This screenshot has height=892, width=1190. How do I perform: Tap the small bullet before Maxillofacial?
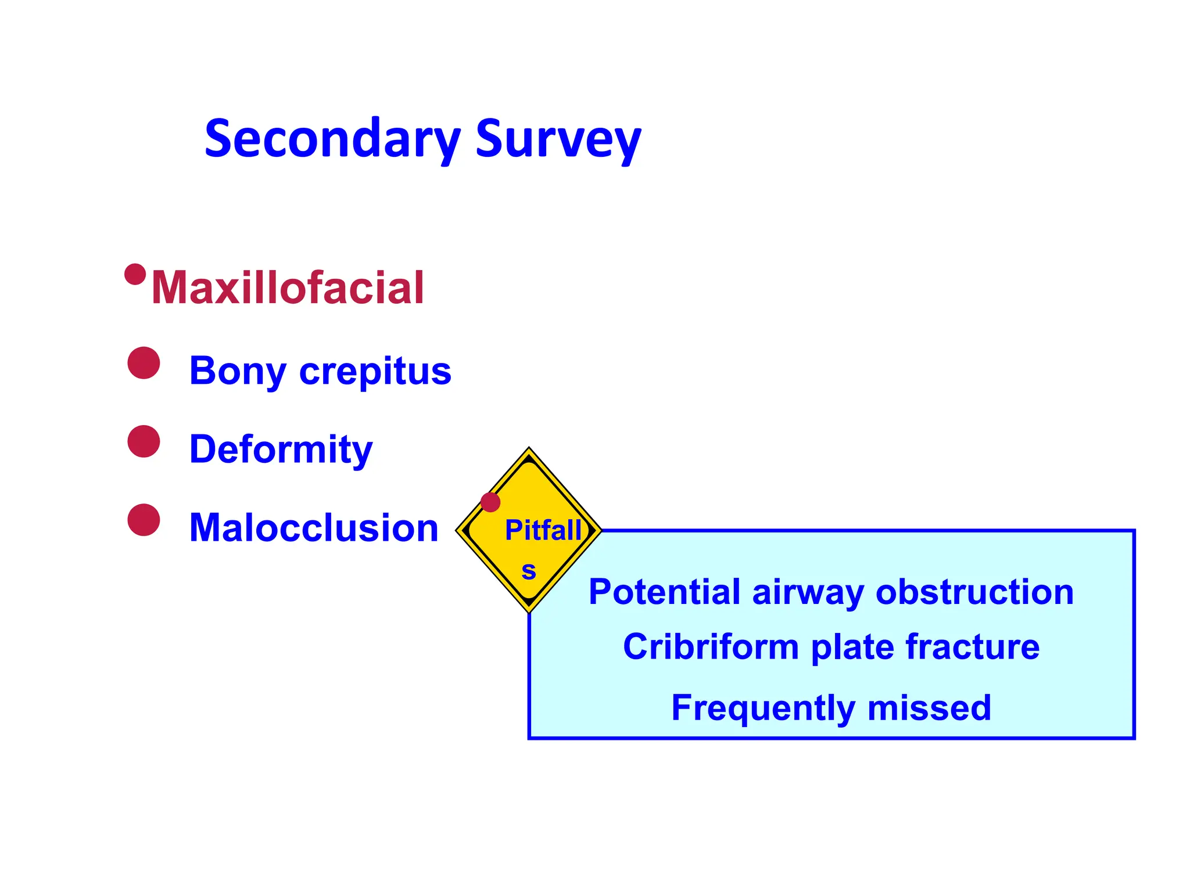tap(135, 274)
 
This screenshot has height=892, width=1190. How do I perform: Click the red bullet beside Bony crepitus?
tap(144, 363)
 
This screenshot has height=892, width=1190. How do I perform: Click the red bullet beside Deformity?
tap(144, 441)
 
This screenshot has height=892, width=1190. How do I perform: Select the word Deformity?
tap(281, 449)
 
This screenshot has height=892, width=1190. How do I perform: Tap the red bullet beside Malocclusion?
tap(144, 520)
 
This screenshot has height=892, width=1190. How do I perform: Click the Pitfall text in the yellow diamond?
tap(543, 530)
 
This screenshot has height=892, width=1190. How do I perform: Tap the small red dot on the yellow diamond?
tap(490, 502)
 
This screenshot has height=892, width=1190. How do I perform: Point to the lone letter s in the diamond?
tap(528, 570)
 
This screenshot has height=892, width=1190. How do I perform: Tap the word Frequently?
tap(763, 707)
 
